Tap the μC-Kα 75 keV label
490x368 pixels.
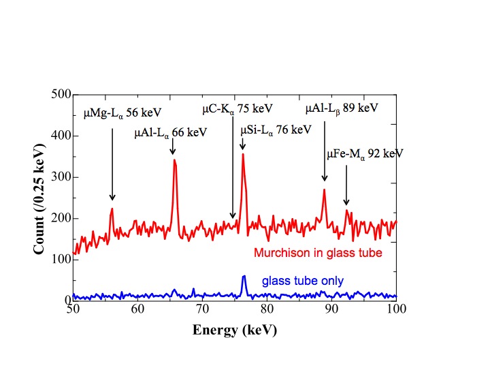pyautogui.click(x=238, y=109)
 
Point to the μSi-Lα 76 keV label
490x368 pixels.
pyautogui.click(x=276, y=129)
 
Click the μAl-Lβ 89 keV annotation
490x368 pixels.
pyautogui.click(x=341, y=108)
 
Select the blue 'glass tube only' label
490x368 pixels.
pyautogui.click(x=302, y=281)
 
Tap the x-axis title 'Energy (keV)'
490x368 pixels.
pyautogui.click(x=234, y=331)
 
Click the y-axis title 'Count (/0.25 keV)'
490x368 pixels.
pyautogui.click(x=40, y=198)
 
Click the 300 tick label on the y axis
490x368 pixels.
pyautogui.click(x=61, y=177)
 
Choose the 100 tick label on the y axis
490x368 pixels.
pyautogui.click(x=61, y=259)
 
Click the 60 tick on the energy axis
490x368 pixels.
pyautogui.click(x=137, y=310)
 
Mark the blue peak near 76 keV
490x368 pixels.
pyautogui.click(x=244, y=277)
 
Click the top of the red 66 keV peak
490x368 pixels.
pyautogui.click(x=174, y=161)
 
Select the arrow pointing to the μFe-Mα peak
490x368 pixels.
pyautogui.click(x=346, y=185)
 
